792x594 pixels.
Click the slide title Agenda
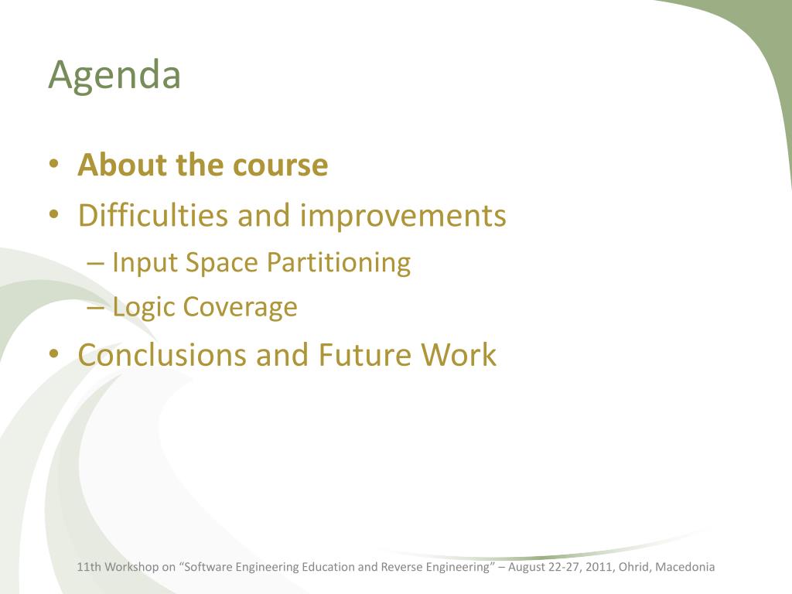(114, 76)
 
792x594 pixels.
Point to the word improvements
(403, 217)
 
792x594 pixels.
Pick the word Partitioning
(339, 263)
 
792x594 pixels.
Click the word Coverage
(240, 308)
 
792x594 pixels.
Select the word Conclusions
(162, 354)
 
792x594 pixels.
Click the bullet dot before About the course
(54, 165)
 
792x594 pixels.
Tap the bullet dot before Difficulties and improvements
(54, 215)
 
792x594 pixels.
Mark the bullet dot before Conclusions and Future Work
(54, 354)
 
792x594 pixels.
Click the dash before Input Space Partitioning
(95, 263)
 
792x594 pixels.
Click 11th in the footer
(89, 567)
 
